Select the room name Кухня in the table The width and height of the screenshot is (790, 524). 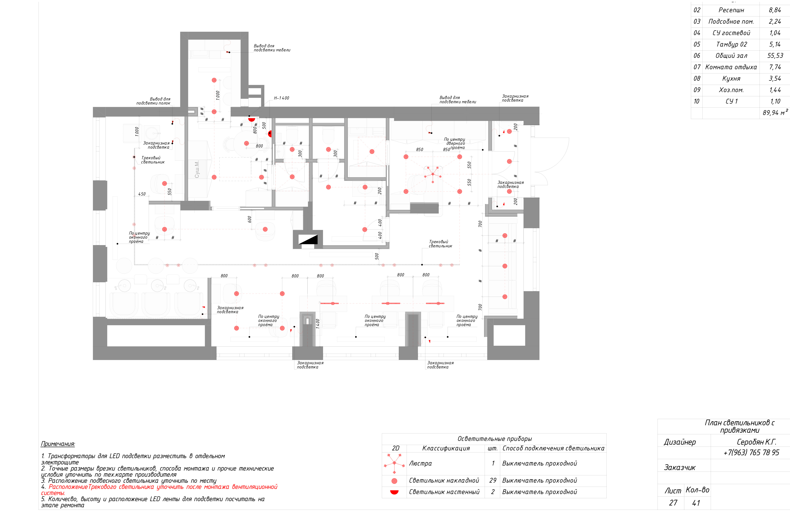[x=731, y=79]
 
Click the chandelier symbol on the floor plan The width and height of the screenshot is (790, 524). [x=433, y=174]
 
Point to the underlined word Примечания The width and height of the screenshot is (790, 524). [x=58, y=444]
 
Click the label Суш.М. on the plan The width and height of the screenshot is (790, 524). [x=197, y=169]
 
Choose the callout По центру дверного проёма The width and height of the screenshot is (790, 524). [x=455, y=143]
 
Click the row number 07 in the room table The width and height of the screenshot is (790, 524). [x=697, y=67]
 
